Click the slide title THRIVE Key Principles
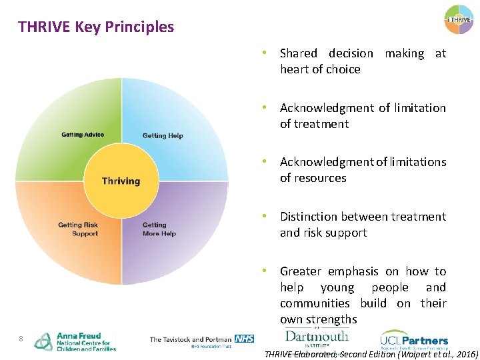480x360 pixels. pos(96,27)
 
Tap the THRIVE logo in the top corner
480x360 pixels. pos(459,20)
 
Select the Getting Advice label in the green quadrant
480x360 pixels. pos(83,135)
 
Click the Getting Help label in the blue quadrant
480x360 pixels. pos(163,136)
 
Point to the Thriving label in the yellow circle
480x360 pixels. pos(121,181)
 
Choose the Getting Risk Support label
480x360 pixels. pos(79,229)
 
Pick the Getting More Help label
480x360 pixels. pos(159,229)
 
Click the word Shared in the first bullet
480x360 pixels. pos(299,53)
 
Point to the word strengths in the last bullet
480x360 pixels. pos(331,319)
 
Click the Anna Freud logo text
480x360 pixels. pos(85,341)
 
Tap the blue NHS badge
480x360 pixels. pos(245,339)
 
